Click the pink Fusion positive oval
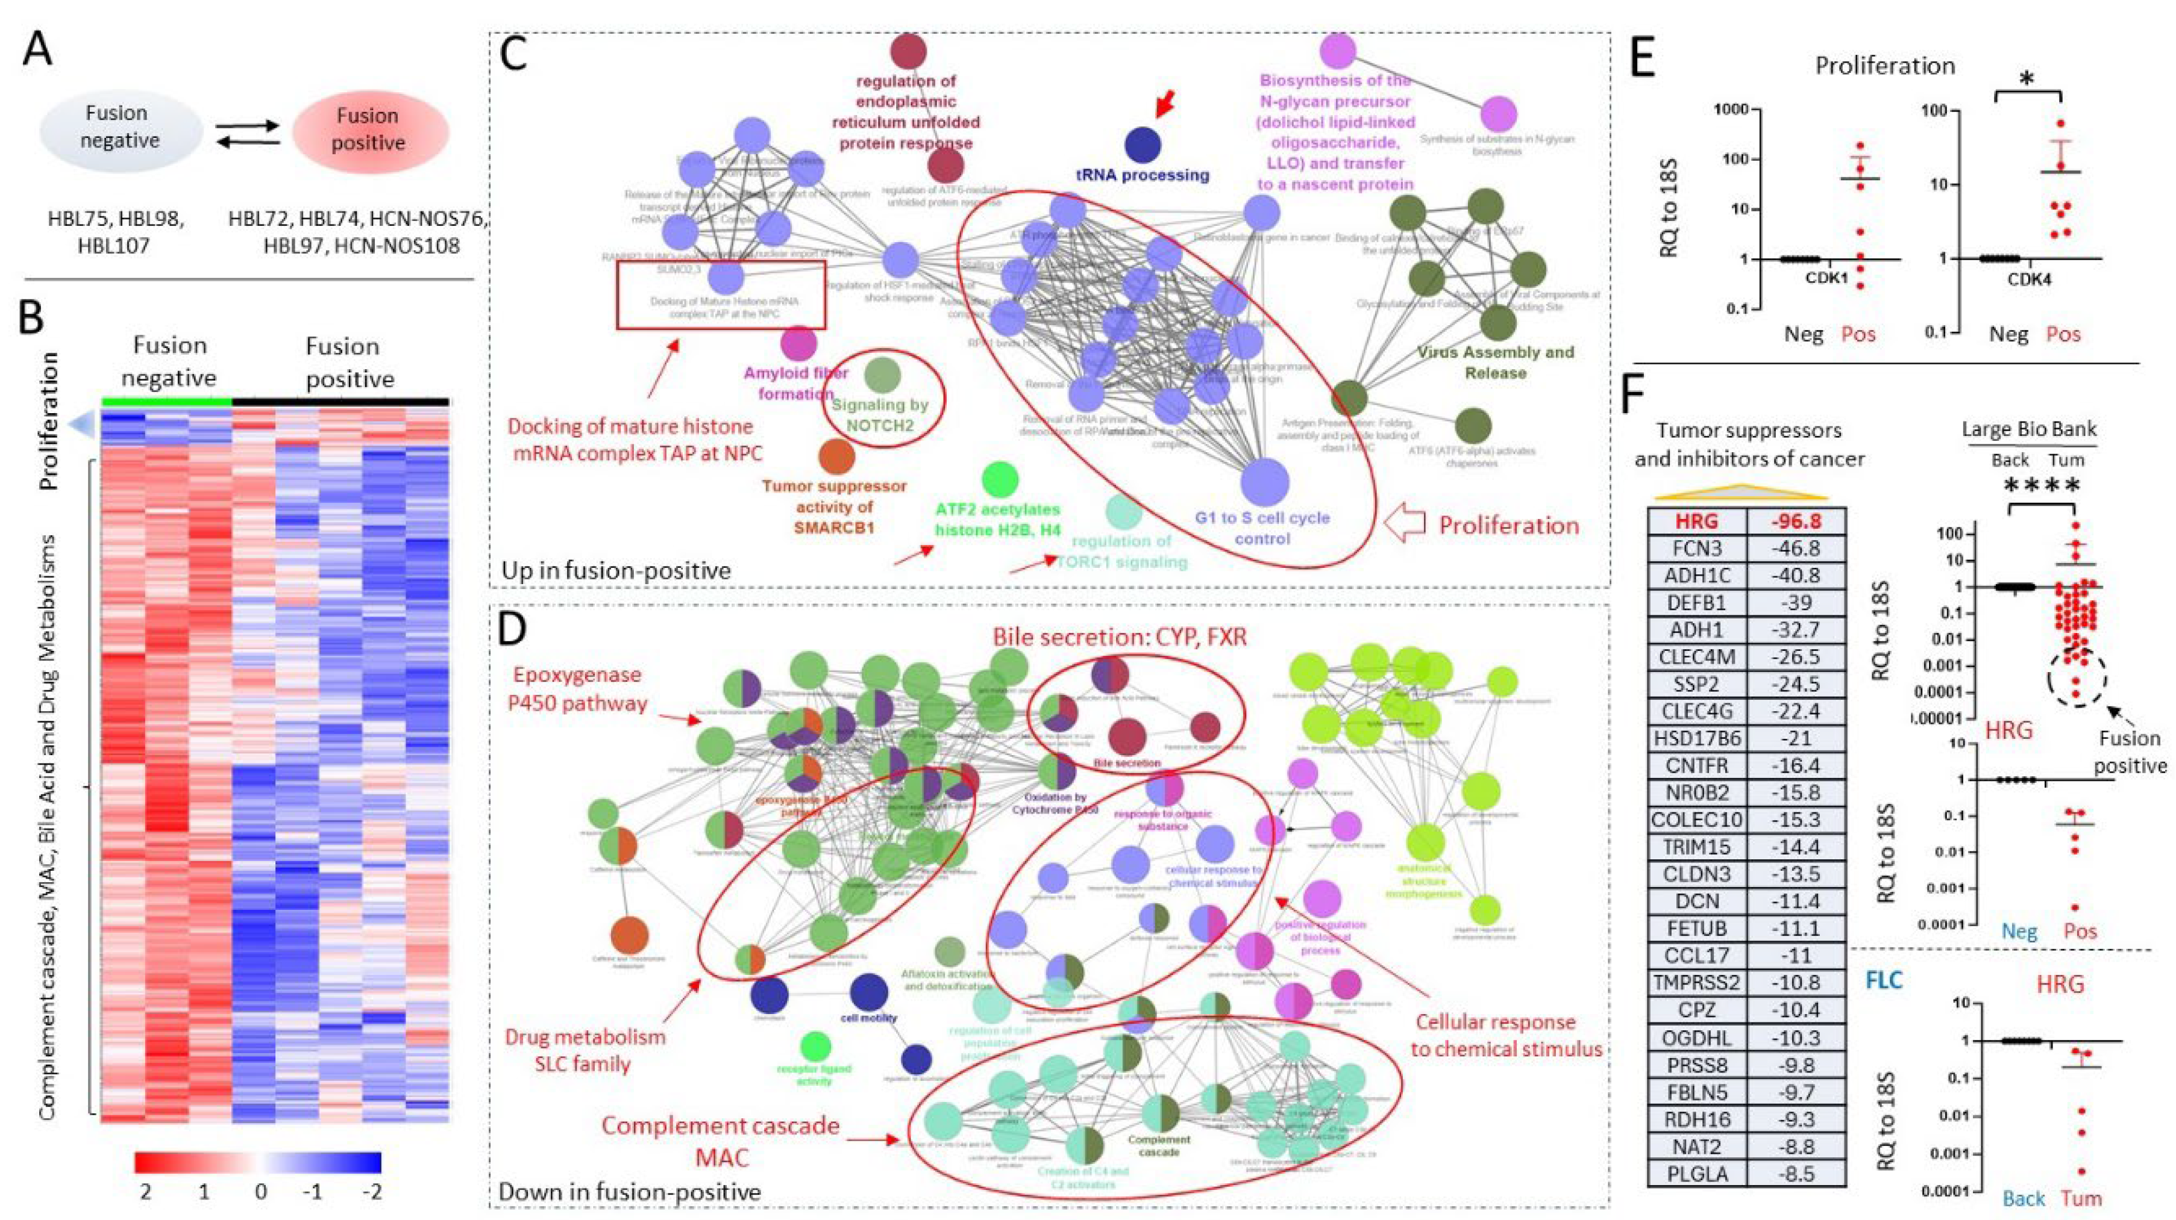[x=369, y=131]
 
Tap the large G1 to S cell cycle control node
[x=1264, y=482]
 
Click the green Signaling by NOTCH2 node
[x=883, y=376]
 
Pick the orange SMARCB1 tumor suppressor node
[x=836, y=456]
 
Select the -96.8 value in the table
[x=1796, y=521]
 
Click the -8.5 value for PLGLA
[x=1796, y=1174]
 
